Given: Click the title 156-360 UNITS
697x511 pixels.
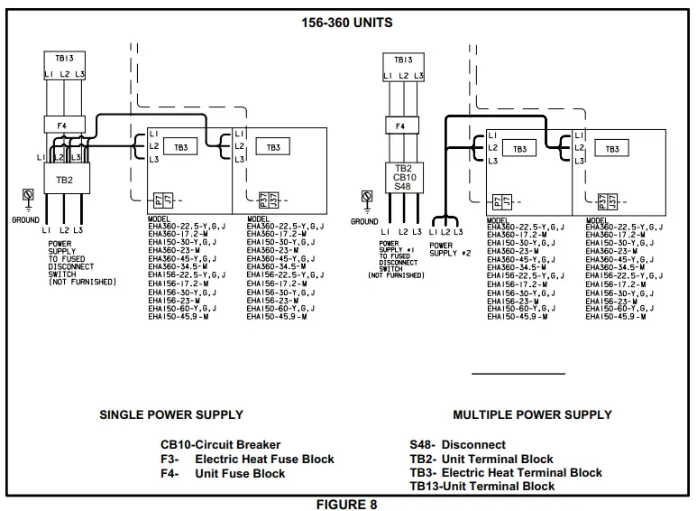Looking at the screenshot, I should point(347,23).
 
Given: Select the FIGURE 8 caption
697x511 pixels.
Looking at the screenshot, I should point(347,504).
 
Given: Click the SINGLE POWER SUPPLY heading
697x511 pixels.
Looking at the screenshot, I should point(171,415).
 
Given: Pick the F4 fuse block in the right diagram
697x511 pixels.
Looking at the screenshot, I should point(399,126).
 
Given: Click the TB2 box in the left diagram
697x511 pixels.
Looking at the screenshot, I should point(64,180).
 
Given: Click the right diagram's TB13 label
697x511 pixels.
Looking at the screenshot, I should point(403,60).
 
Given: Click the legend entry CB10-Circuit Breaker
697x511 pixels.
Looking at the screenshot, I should point(221,444).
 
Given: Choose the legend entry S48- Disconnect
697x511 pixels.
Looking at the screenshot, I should point(457,444).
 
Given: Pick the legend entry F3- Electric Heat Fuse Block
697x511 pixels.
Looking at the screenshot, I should point(247,459).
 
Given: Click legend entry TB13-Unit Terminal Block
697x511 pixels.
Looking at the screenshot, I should point(482,486).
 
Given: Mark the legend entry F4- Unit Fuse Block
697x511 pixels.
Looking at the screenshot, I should point(223,472).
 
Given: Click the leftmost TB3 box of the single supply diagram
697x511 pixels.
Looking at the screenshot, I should point(180,147).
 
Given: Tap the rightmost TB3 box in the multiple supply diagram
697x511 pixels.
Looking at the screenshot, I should point(611,148).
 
